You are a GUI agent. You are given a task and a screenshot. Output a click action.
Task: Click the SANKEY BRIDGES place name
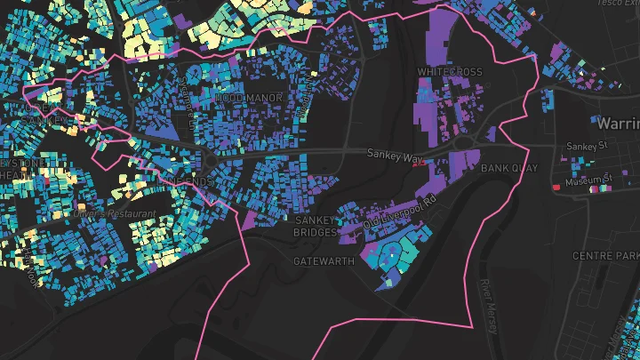tap(316, 226)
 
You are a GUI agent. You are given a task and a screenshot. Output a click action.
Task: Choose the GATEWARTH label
tap(324, 261)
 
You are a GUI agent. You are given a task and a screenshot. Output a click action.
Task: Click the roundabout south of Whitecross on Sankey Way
tap(462, 142)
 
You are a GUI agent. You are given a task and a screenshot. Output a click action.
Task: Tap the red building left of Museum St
tap(557, 188)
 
